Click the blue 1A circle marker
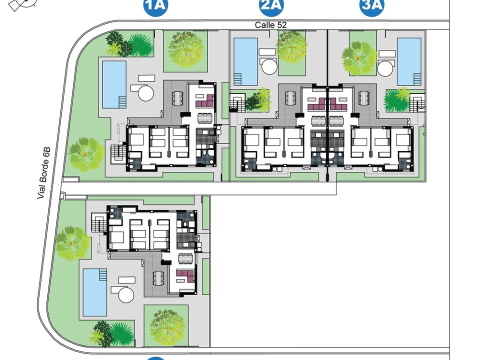pyautogui.click(x=156, y=5)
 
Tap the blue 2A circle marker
pyautogui.click(x=271, y=5)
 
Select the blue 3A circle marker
pyautogui.click(x=372, y=5)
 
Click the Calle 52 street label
pyautogui.click(x=270, y=25)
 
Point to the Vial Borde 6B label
pyautogui.click(x=44, y=173)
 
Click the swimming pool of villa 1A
pyautogui.click(x=114, y=85)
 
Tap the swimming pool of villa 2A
pyautogui.click(x=245, y=61)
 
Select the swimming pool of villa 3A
pyautogui.click(x=409, y=61)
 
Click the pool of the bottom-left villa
pyautogui.click(x=95, y=292)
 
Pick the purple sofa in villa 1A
pyautogui.click(x=204, y=101)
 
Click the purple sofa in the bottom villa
pyautogui.click(x=186, y=276)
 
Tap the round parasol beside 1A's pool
pyautogui.click(x=145, y=93)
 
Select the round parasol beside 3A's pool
pyautogui.click(x=385, y=68)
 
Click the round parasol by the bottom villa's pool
pyautogui.click(x=126, y=294)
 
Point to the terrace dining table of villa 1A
pyautogui.click(x=177, y=98)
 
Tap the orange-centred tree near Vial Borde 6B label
pyautogui.click(x=85, y=154)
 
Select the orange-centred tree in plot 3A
pyautogui.click(x=358, y=58)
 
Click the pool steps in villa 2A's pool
pyautogui.click(x=238, y=79)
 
